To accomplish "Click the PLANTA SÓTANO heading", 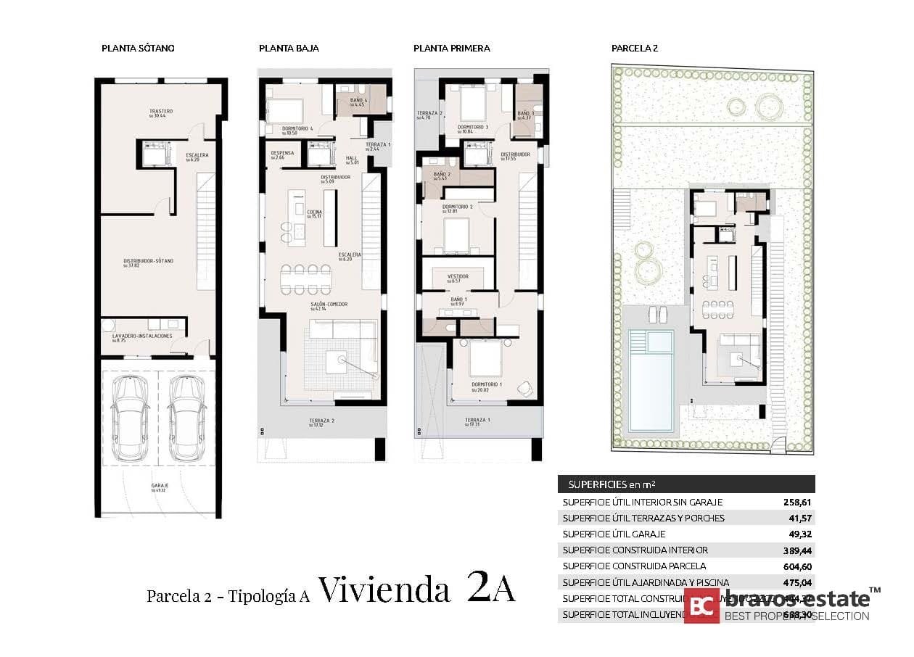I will tap(138, 49).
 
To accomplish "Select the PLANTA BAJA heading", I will tap(289, 49).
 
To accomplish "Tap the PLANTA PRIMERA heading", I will tap(451, 49).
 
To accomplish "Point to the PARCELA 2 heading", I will tap(634, 49).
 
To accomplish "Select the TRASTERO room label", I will tap(160, 112).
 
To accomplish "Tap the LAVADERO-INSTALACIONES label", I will tap(141, 336).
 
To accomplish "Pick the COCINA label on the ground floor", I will tap(314, 212).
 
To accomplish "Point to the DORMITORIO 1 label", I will tap(486, 384).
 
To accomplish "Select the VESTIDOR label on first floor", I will tap(457, 276).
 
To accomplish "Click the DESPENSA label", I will tap(281, 153).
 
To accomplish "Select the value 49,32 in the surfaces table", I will tap(799, 534).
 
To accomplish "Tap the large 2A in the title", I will tap(491, 589).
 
